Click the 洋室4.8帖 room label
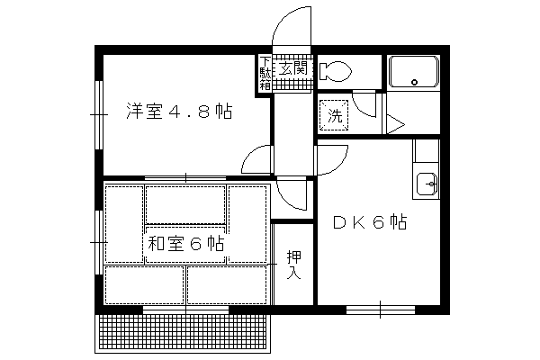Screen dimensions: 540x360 tap(179, 112)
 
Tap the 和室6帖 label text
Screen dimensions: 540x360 tap(186, 244)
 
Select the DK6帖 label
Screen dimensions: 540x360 tap(370, 222)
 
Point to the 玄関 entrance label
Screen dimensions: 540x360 tap(292, 68)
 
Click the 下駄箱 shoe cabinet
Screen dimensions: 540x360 tap(265, 73)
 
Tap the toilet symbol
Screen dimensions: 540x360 tap(335, 72)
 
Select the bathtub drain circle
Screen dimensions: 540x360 tap(414, 82)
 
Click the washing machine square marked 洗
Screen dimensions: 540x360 tap(334, 115)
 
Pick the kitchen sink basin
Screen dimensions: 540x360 tap(427, 184)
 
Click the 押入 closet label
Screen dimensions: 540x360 tap(294, 265)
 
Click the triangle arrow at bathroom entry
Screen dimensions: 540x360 tap(395, 124)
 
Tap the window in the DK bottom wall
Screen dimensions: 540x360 tap(380, 310)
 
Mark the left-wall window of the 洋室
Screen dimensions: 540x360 tap(99, 114)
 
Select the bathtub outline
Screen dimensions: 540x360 tap(414, 72)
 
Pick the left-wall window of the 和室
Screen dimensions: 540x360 tap(99, 242)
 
